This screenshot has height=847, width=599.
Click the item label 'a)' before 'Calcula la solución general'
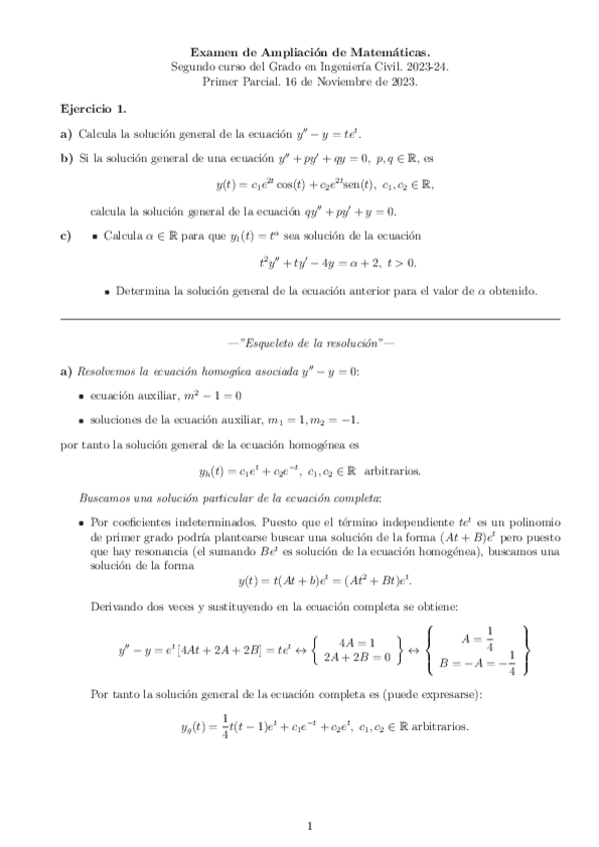[66, 133]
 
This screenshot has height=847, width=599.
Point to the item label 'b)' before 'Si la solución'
[66, 158]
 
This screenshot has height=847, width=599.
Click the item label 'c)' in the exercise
[66, 236]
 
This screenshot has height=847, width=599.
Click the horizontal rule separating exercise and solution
[310, 319]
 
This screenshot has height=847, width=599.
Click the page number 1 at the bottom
[310, 825]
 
